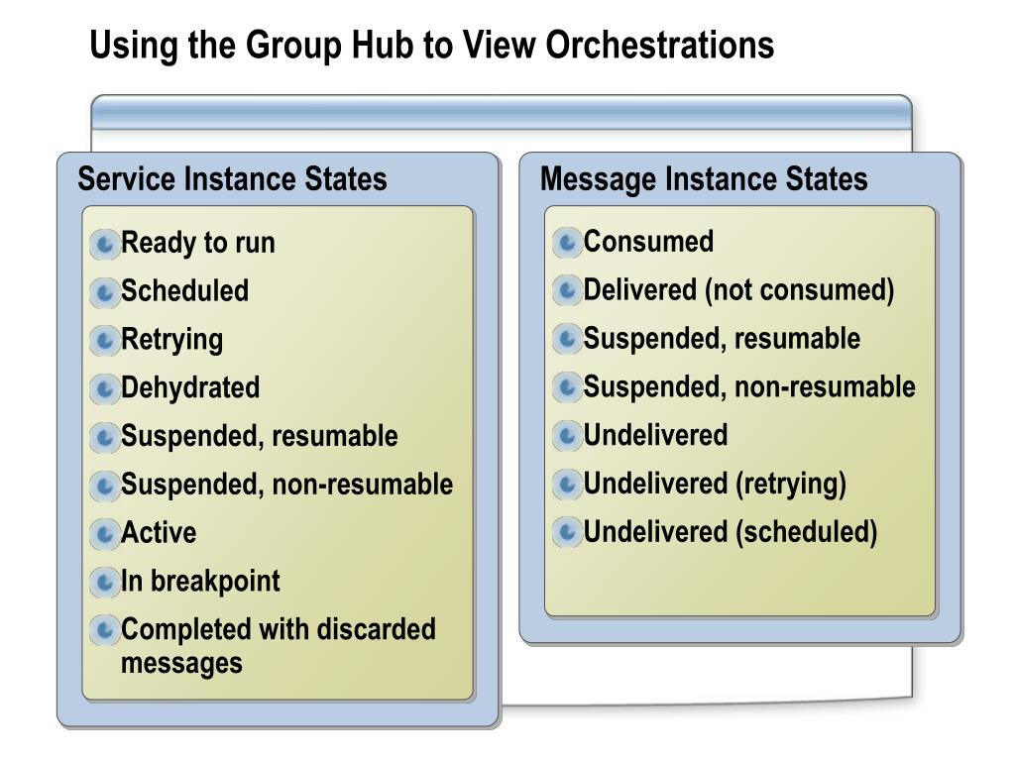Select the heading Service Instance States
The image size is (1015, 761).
pos(232,179)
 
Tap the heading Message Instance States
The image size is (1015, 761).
pos(704,179)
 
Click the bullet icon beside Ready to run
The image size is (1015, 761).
pos(104,244)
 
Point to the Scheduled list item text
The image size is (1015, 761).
pos(184,291)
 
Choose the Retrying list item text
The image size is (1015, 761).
pos(171,340)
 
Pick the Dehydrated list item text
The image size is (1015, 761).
pos(189,387)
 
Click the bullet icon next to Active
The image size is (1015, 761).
pos(104,534)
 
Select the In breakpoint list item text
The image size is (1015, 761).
pos(200,582)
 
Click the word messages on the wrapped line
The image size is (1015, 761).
pos(181,663)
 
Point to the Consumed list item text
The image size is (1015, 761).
pos(648,242)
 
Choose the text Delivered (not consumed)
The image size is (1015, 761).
pos(738,290)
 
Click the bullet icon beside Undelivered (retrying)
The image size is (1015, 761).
pos(567,485)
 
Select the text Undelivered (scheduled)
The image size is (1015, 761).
pos(731,533)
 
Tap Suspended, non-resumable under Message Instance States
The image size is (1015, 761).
pos(749,387)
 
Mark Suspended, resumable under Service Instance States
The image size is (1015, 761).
pos(259,437)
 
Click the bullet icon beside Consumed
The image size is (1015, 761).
pos(567,242)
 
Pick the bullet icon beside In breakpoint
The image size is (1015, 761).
pos(104,583)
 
